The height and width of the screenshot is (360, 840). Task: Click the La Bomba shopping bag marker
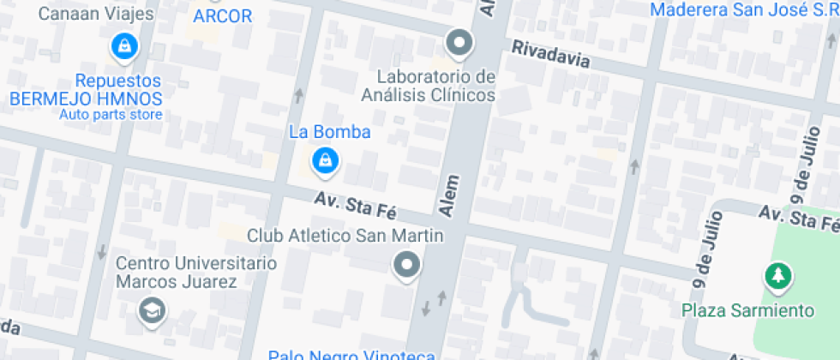coord(325,159)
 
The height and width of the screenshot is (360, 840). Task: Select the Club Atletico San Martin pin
coord(407,264)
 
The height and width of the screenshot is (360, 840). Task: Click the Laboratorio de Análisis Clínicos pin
coord(459,42)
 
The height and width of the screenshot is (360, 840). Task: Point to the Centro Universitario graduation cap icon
coord(153,309)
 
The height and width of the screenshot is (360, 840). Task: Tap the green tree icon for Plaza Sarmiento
coord(778,276)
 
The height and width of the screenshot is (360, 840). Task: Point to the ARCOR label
coord(222,16)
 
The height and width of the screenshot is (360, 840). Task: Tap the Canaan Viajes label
coord(97,14)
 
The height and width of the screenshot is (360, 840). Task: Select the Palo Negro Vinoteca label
coord(351,355)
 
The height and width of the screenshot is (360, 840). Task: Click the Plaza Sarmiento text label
coord(747,309)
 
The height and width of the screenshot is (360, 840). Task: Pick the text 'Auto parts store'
coord(110,114)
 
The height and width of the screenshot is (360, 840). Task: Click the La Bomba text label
coord(329,132)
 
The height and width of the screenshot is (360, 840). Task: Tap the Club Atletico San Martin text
coord(345,235)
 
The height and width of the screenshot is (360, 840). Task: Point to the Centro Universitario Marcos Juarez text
coord(196,272)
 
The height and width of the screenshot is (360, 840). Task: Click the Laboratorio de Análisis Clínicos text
coord(428,86)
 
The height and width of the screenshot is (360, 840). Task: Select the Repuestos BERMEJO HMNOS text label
coord(86,89)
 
